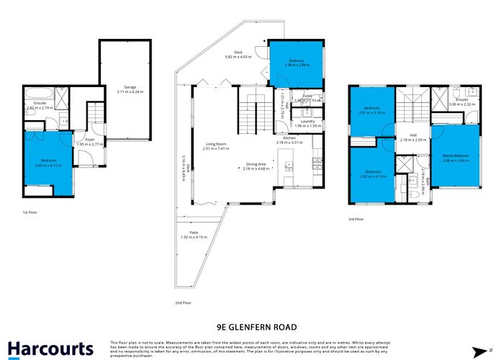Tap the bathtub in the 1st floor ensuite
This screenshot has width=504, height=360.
click(x=34, y=93)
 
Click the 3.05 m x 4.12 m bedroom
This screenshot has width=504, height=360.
click(x=48, y=162)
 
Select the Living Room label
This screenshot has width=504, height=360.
click(x=215, y=146)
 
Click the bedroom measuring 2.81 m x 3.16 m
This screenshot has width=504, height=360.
click(x=372, y=111)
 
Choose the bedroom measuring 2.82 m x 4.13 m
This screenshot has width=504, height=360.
click(x=372, y=174)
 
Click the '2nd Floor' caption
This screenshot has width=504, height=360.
click(x=183, y=303)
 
